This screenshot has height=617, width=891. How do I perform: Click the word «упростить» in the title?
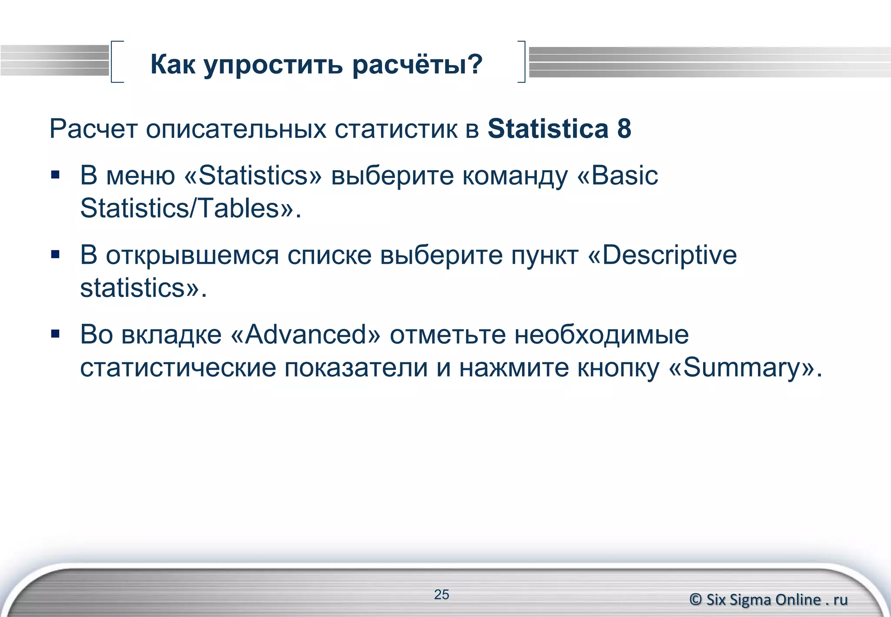[x=273, y=65]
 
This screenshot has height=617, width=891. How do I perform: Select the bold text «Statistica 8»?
[x=559, y=129]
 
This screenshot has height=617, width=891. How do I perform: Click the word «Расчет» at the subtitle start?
[x=94, y=129]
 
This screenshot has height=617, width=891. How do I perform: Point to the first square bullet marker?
[x=55, y=175]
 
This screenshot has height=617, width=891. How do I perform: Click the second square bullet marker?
[x=55, y=255]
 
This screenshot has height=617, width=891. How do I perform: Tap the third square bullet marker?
[x=55, y=334]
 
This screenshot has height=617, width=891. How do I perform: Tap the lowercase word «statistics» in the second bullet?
[x=133, y=288]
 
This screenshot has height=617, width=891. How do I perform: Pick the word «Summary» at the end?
[x=742, y=368]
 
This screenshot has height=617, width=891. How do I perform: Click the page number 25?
[x=441, y=594]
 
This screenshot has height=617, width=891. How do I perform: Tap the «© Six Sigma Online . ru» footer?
[x=768, y=600]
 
